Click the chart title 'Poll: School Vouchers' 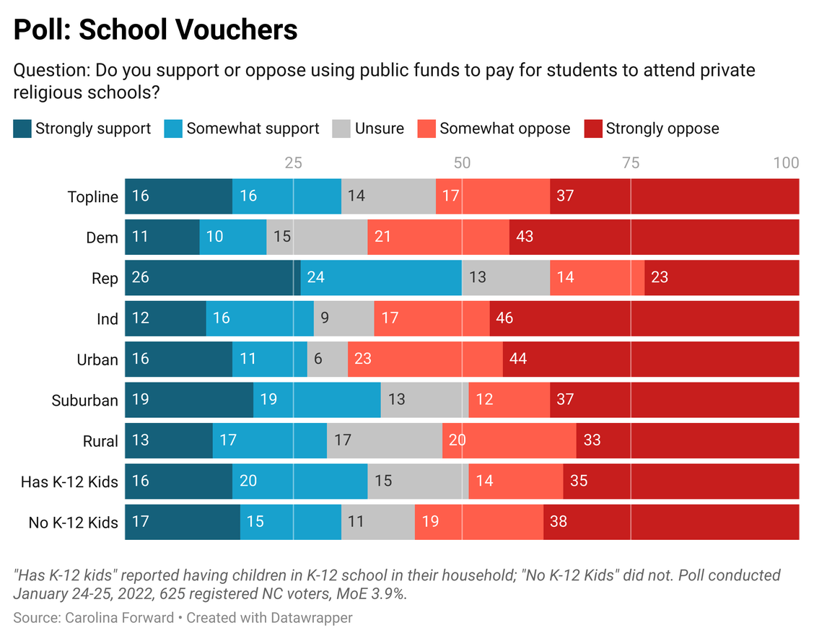pyautogui.click(x=155, y=30)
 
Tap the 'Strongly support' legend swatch pyautogui.click(x=23, y=129)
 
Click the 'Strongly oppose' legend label pyautogui.click(x=662, y=129)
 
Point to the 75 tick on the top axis pyautogui.click(x=631, y=162)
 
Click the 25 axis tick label pyautogui.click(x=293, y=162)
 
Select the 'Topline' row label pyautogui.click(x=92, y=197)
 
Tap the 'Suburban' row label pyautogui.click(x=84, y=401)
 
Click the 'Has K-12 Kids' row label pyautogui.click(x=69, y=481)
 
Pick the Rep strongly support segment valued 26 pyautogui.click(x=213, y=278)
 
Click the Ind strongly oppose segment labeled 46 pyautogui.click(x=644, y=318)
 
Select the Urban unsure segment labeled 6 pyautogui.click(x=328, y=359)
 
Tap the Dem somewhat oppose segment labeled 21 pyautogui.click(x=438, y=237)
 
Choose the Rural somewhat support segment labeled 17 pyautogui.click(x=269, y=441)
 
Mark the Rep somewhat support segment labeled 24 pyautogui.click(x=381, y=278)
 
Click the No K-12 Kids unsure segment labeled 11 pyautogui.click(x=377, y=522)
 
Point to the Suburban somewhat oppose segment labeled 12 pyautogui.click(x=509, y=400)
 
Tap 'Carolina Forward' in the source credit pyautogui.click(x=119, y=618)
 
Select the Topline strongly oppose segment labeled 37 pyautogui.click(x=674, y=196)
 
